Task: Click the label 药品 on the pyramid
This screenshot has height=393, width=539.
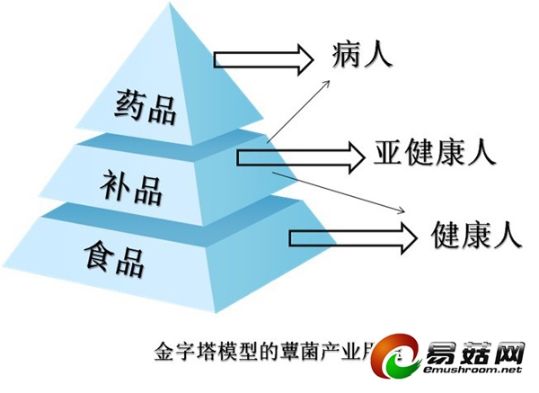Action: tap(146, 107)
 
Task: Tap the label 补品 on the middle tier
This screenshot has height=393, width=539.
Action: tap(131, 189)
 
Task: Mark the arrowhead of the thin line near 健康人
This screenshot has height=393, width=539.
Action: tap(402, 213)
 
